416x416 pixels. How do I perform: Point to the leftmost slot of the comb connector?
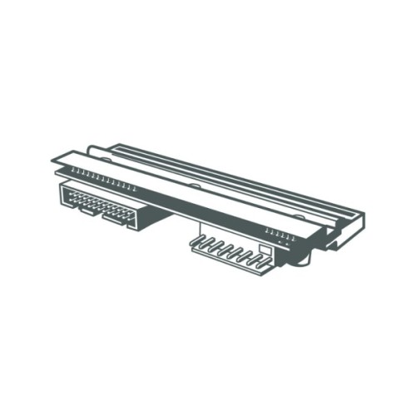(x=201, y=242)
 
